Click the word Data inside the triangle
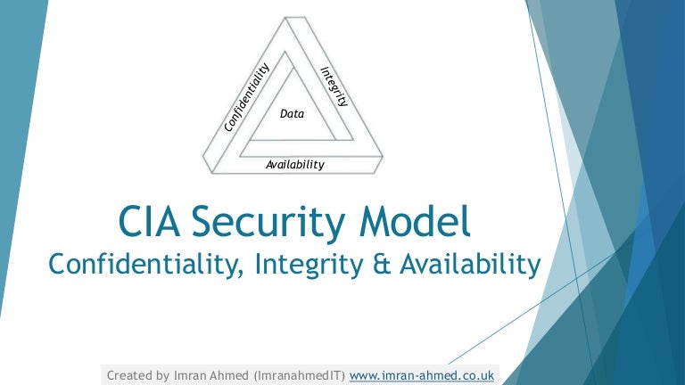tap(293, 113)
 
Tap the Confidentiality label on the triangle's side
tap(247, 97)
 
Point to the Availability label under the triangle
tap(295, 165)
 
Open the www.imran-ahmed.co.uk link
tap(421, 375)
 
